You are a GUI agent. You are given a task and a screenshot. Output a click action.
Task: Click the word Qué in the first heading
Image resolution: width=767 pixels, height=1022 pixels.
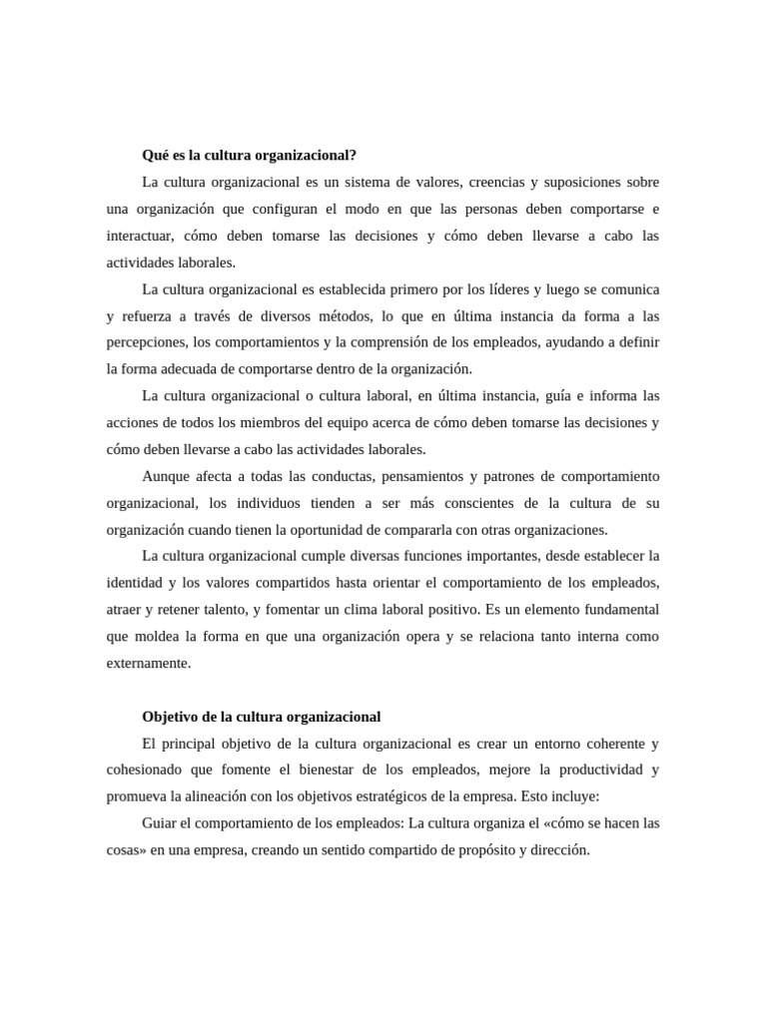157,156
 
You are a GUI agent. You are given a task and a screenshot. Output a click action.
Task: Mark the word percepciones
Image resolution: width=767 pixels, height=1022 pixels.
146,342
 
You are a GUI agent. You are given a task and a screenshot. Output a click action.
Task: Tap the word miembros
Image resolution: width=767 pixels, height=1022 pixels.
266,422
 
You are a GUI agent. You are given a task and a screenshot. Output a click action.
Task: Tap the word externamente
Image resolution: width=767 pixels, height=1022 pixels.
148,662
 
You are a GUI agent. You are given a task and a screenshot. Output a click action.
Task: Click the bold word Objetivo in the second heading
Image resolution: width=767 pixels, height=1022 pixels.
173,717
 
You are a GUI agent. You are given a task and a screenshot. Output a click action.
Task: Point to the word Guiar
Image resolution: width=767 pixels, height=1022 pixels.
162,823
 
